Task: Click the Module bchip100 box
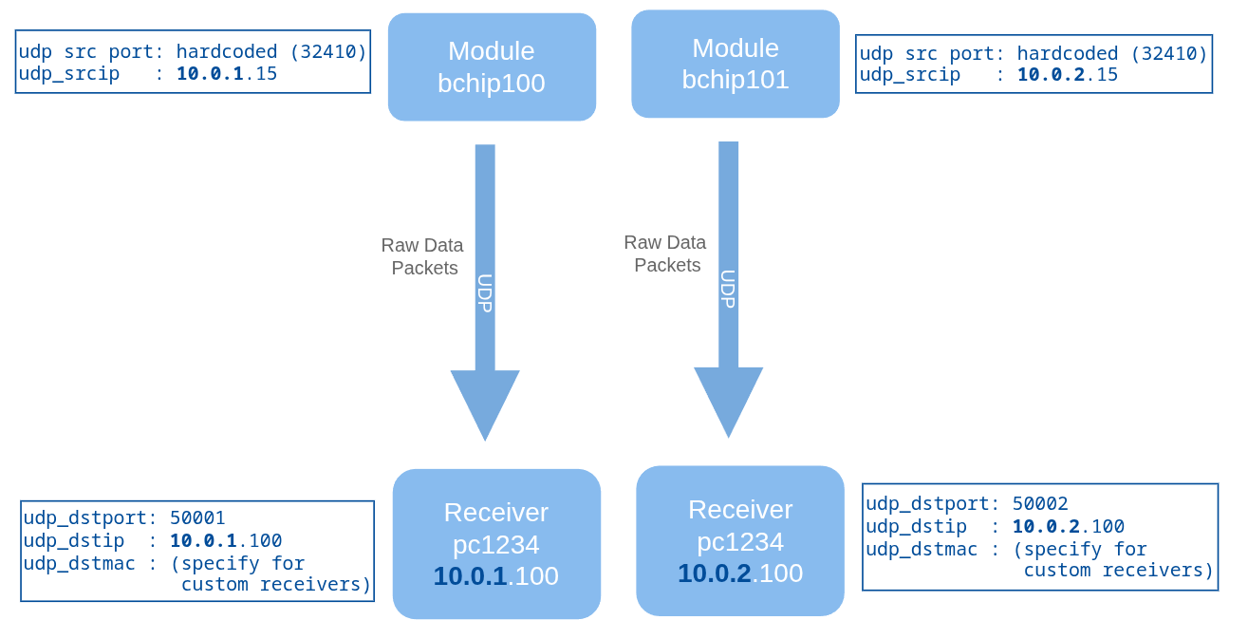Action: [x=492, y=66]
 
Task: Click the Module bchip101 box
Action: [x=736, y=64]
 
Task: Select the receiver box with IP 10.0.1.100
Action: [x=496, y=543]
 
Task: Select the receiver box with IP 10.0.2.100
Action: [x=740, y=540]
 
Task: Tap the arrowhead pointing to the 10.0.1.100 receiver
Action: [x=485, y=404]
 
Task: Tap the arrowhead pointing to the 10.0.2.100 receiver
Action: [x=728, y=401]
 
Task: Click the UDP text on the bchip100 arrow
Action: [x=485, y=293]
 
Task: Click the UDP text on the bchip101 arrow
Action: [x=728, y=289]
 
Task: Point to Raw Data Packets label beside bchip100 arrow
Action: [x=423, y=256]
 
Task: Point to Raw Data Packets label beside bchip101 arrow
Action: [x=665, y=254]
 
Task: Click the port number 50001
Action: [x=197, y=517]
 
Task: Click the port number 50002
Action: [x=1040, y=503]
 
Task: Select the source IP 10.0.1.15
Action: [x=227, y=74]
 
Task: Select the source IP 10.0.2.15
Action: [x=1068, y=74]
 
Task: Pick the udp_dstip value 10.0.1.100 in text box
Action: [x=226, y=540]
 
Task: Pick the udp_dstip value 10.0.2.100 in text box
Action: [x=1069, y=526]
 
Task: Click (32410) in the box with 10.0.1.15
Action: [x=328, y=51]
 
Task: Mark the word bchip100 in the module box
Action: [x=492, y=84]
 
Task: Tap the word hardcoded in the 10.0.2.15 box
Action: [x=1068, y=53]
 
